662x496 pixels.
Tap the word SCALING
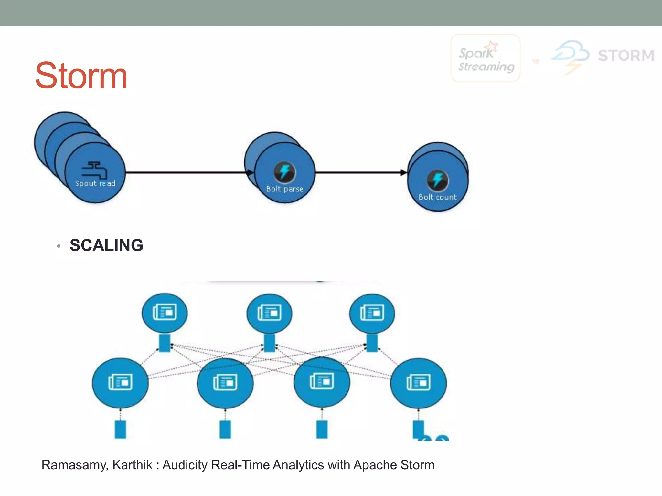tap(106, 245)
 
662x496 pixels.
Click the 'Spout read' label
tap(95, 183)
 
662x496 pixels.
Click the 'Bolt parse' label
tap(284, 189)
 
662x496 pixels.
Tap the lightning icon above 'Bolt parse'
tap(284, 171)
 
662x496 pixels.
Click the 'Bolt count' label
tap(437, 197)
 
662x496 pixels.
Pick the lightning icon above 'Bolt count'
tap(437, 180)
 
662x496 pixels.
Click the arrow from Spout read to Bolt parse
tap(187, 172)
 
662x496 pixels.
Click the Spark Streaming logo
tap(486, 58)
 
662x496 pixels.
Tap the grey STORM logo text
tap(626, 56)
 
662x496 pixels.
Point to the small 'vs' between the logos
tap(536, 61)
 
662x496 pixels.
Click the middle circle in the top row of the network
tap(269, 313)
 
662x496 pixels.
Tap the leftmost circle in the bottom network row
tap(120, 383)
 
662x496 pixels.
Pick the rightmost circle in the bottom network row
tap(419, 383)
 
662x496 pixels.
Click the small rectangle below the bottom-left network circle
tap(120, 429)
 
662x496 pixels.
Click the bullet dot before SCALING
tap(59, 246)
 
